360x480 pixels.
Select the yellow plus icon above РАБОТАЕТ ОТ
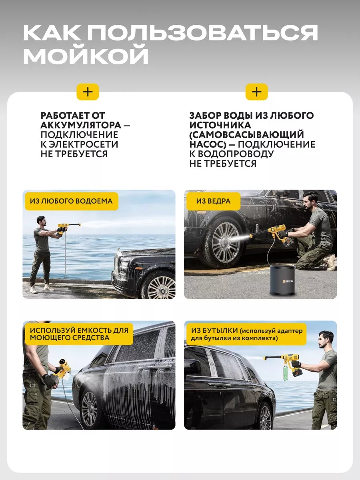(x=88, y=92)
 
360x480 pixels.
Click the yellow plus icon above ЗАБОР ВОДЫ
(x=257, y=92)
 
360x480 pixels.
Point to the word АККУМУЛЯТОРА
(x=81, y=125)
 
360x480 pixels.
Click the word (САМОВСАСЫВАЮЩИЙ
(x=246, y=135)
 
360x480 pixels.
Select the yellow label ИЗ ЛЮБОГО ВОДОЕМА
(x=72, y=201)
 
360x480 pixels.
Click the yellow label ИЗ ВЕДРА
(x=213, y=201)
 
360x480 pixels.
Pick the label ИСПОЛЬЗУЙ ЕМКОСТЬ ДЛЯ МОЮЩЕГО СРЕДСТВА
(x=79, y=334)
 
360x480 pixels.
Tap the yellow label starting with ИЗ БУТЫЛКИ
(x=246, y=334)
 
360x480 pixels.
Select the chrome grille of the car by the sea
(x=118, y=263)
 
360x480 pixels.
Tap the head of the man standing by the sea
(x=41, y=221)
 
